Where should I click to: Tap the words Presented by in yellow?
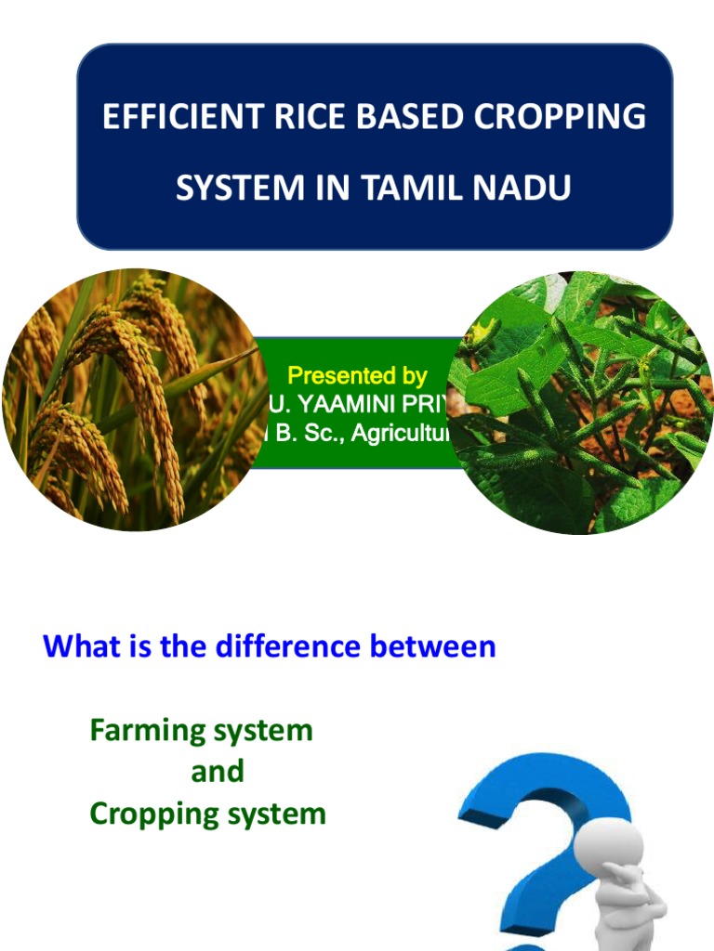[x=357, y=376]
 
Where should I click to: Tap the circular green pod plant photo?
[x=581, y=402]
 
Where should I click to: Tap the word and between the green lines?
[x=218, y=772]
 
